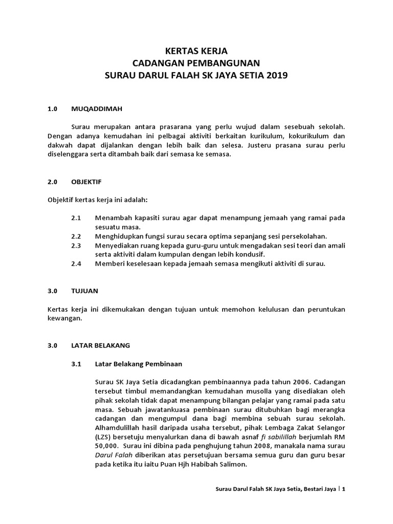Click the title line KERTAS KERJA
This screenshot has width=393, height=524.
(x=196, y=51)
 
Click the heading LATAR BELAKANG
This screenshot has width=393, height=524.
(x=101, y=346)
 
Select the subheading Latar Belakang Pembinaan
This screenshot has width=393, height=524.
(x=138, y=364)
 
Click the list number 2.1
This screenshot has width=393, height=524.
(x=76, y=217)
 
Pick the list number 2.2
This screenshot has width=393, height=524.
(x=76, y=236)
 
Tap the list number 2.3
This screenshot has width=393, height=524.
(x=76, y=245)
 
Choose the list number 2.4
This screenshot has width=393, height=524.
(x=76, y=264)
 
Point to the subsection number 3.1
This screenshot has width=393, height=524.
(x=76, y=364)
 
